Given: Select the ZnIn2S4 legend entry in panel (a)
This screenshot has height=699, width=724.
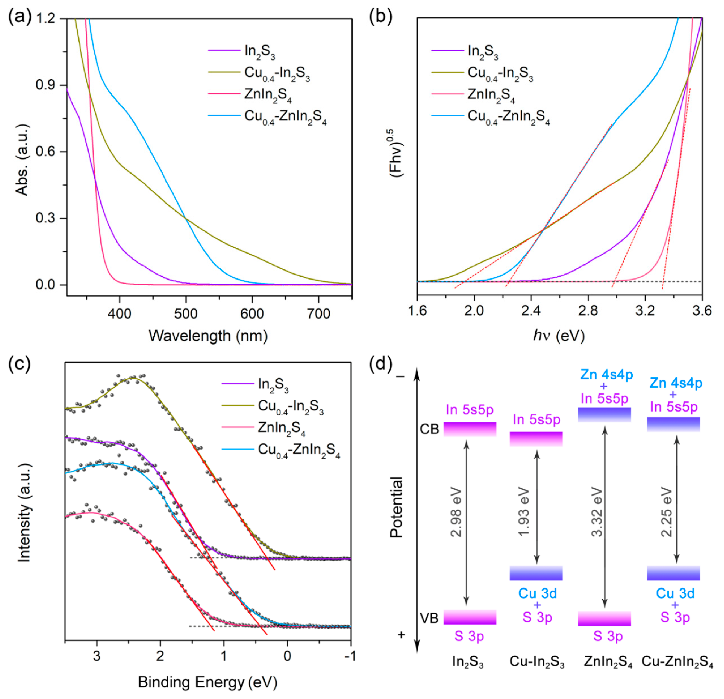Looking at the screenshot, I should pos(268,95).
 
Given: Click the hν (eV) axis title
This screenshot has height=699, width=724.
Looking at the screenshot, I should pos(559,335).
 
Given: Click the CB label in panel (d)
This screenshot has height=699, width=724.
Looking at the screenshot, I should pos(429,429).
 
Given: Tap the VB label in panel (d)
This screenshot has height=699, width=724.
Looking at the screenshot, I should pos(429,618).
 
